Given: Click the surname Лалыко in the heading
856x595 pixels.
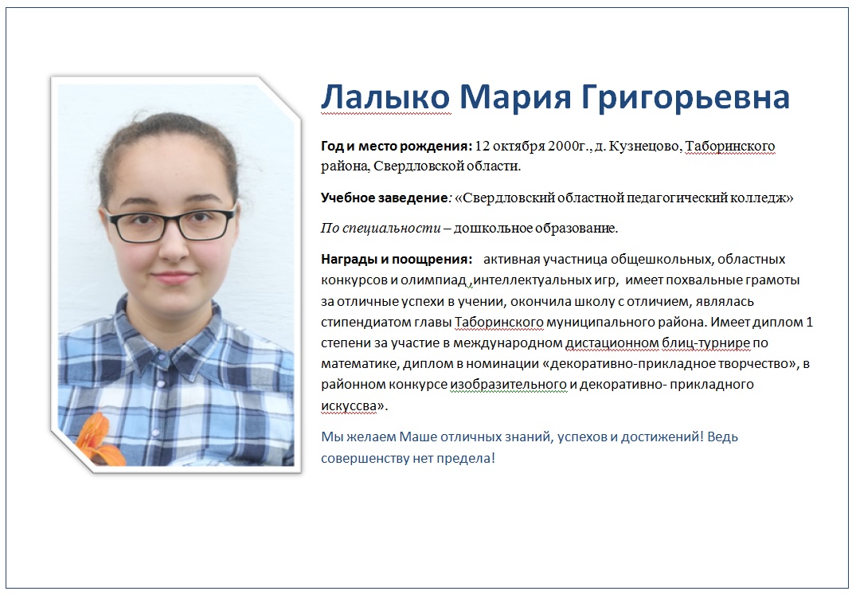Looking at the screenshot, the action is (x=385, y=96).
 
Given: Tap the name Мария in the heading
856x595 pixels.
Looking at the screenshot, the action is (x=515, y=96).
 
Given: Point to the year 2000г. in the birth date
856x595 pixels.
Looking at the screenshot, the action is (x=569, y=147).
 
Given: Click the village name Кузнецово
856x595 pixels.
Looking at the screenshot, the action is (x=644, y=147).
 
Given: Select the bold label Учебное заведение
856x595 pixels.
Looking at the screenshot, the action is (x=385, y=198).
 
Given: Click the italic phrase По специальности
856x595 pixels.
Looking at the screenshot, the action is (x=381, y=228).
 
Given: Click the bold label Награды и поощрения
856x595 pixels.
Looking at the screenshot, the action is (x=397, y=260).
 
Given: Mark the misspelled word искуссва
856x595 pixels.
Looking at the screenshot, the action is (x=349, y=405).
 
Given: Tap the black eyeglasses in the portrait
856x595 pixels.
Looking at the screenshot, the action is (x=171, y=223).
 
